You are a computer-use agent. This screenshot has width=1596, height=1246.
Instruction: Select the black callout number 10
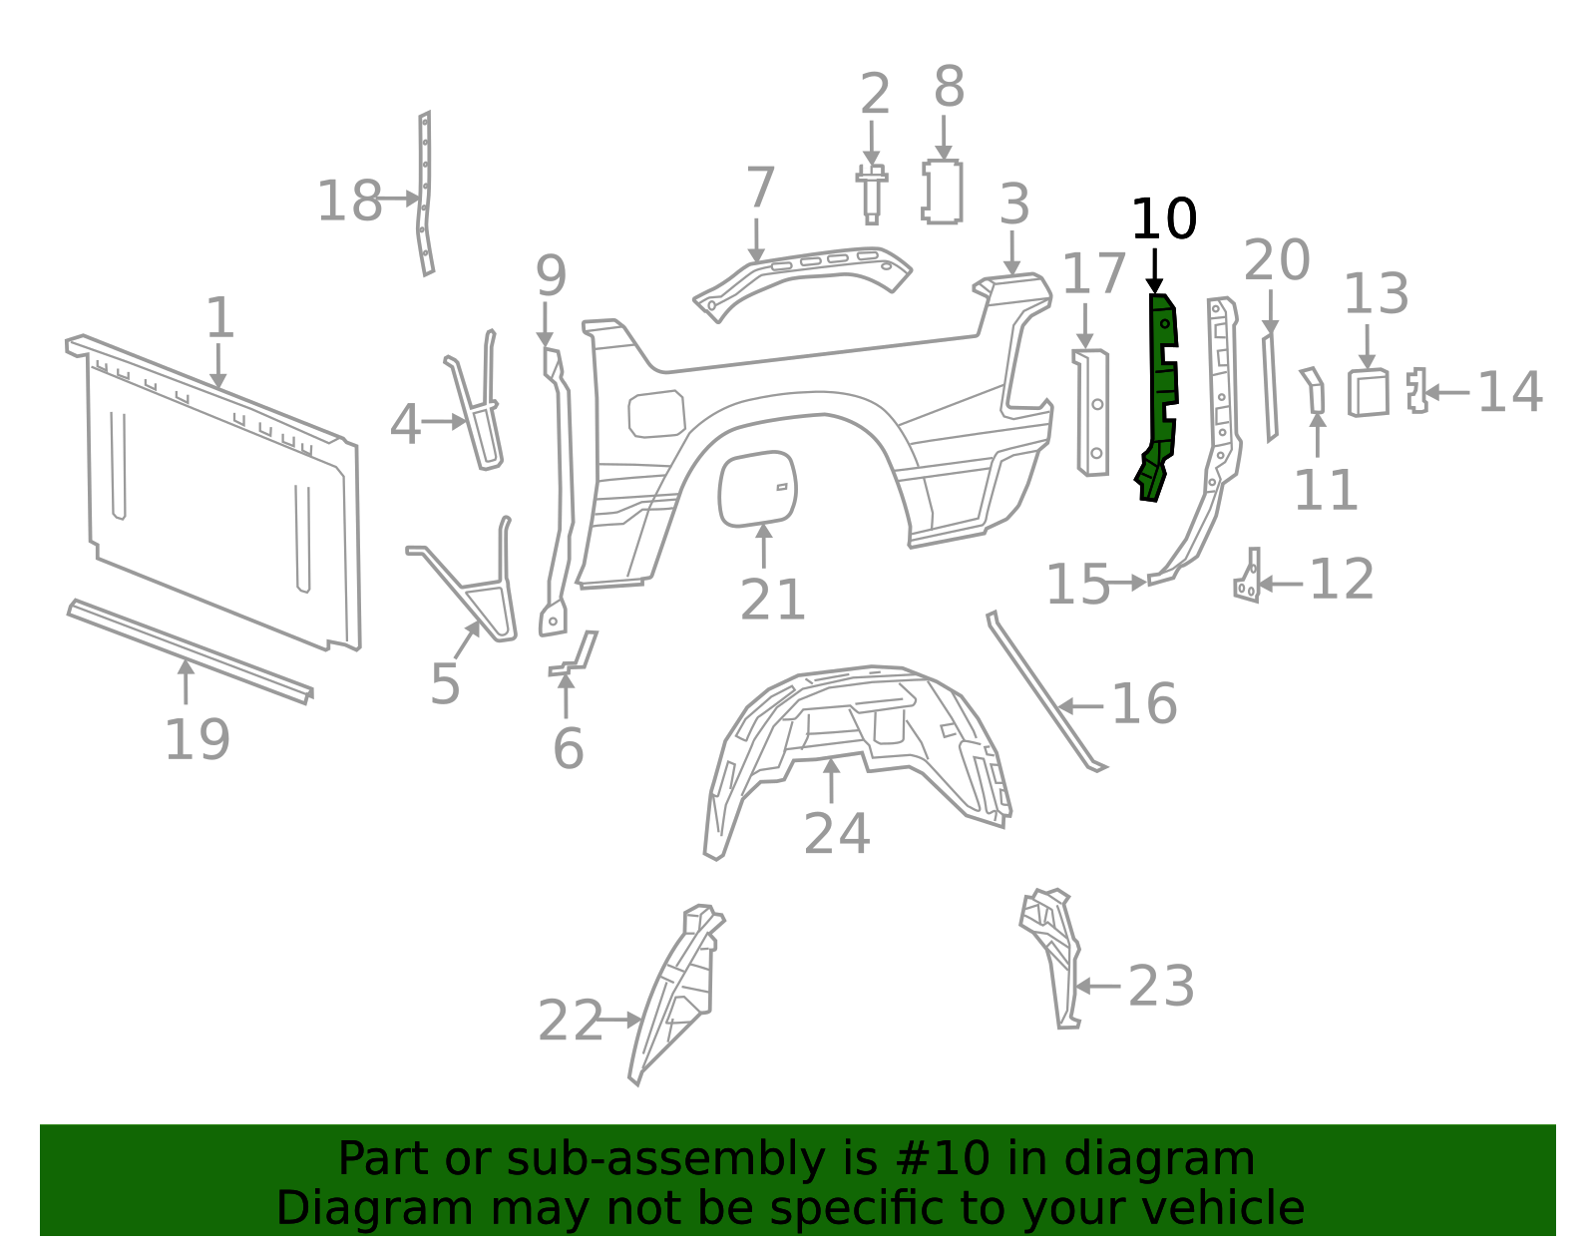pos(1163,219)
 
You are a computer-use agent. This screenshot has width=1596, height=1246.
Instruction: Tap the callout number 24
pos(836,834)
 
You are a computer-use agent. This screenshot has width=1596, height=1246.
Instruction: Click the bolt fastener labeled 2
pos(872,194)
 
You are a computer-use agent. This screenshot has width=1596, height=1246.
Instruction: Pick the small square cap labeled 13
pos(1368,392)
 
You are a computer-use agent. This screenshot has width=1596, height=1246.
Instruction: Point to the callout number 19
pos(197,740)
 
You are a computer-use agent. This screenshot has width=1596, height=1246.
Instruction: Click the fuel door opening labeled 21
pos(757,488)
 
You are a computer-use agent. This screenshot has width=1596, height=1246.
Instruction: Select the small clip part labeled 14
pos(1416,390)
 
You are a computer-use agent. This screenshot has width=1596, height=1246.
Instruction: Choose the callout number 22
pos(571,1022)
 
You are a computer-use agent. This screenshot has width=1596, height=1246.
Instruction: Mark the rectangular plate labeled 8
pos(943,192)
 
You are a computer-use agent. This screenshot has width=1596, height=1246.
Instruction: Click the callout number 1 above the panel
pos(219,319)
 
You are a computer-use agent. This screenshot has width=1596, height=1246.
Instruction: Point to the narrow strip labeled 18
pos(424,195)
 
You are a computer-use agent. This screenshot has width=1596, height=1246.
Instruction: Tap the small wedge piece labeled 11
pos(1315,390)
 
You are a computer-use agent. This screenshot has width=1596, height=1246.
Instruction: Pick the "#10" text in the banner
pos(944,1159)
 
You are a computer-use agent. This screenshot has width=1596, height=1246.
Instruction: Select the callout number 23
pos(1161,987)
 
